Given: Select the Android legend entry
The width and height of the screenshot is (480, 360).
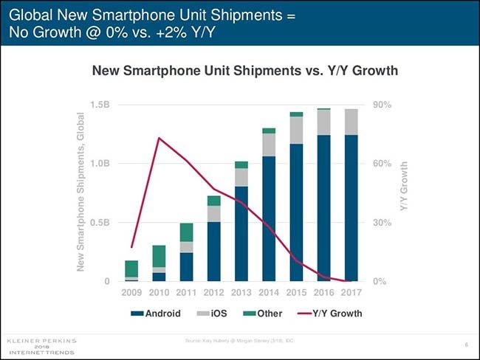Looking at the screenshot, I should [158, 313].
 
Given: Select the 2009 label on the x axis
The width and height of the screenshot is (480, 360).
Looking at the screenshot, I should [131, 293].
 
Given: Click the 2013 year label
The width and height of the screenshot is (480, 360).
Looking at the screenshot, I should [241, 293].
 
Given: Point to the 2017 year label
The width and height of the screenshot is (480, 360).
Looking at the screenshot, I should [350, 293].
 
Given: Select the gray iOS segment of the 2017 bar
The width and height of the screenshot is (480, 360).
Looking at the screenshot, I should [350, 122].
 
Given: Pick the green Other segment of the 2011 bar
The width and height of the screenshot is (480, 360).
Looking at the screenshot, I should [186, 232].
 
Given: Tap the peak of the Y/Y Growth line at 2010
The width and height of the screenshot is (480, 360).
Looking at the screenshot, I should [159, 138].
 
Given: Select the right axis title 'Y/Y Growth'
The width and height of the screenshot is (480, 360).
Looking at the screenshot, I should [404, 187].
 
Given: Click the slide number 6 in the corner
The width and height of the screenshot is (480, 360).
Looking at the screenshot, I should [467, 344].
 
